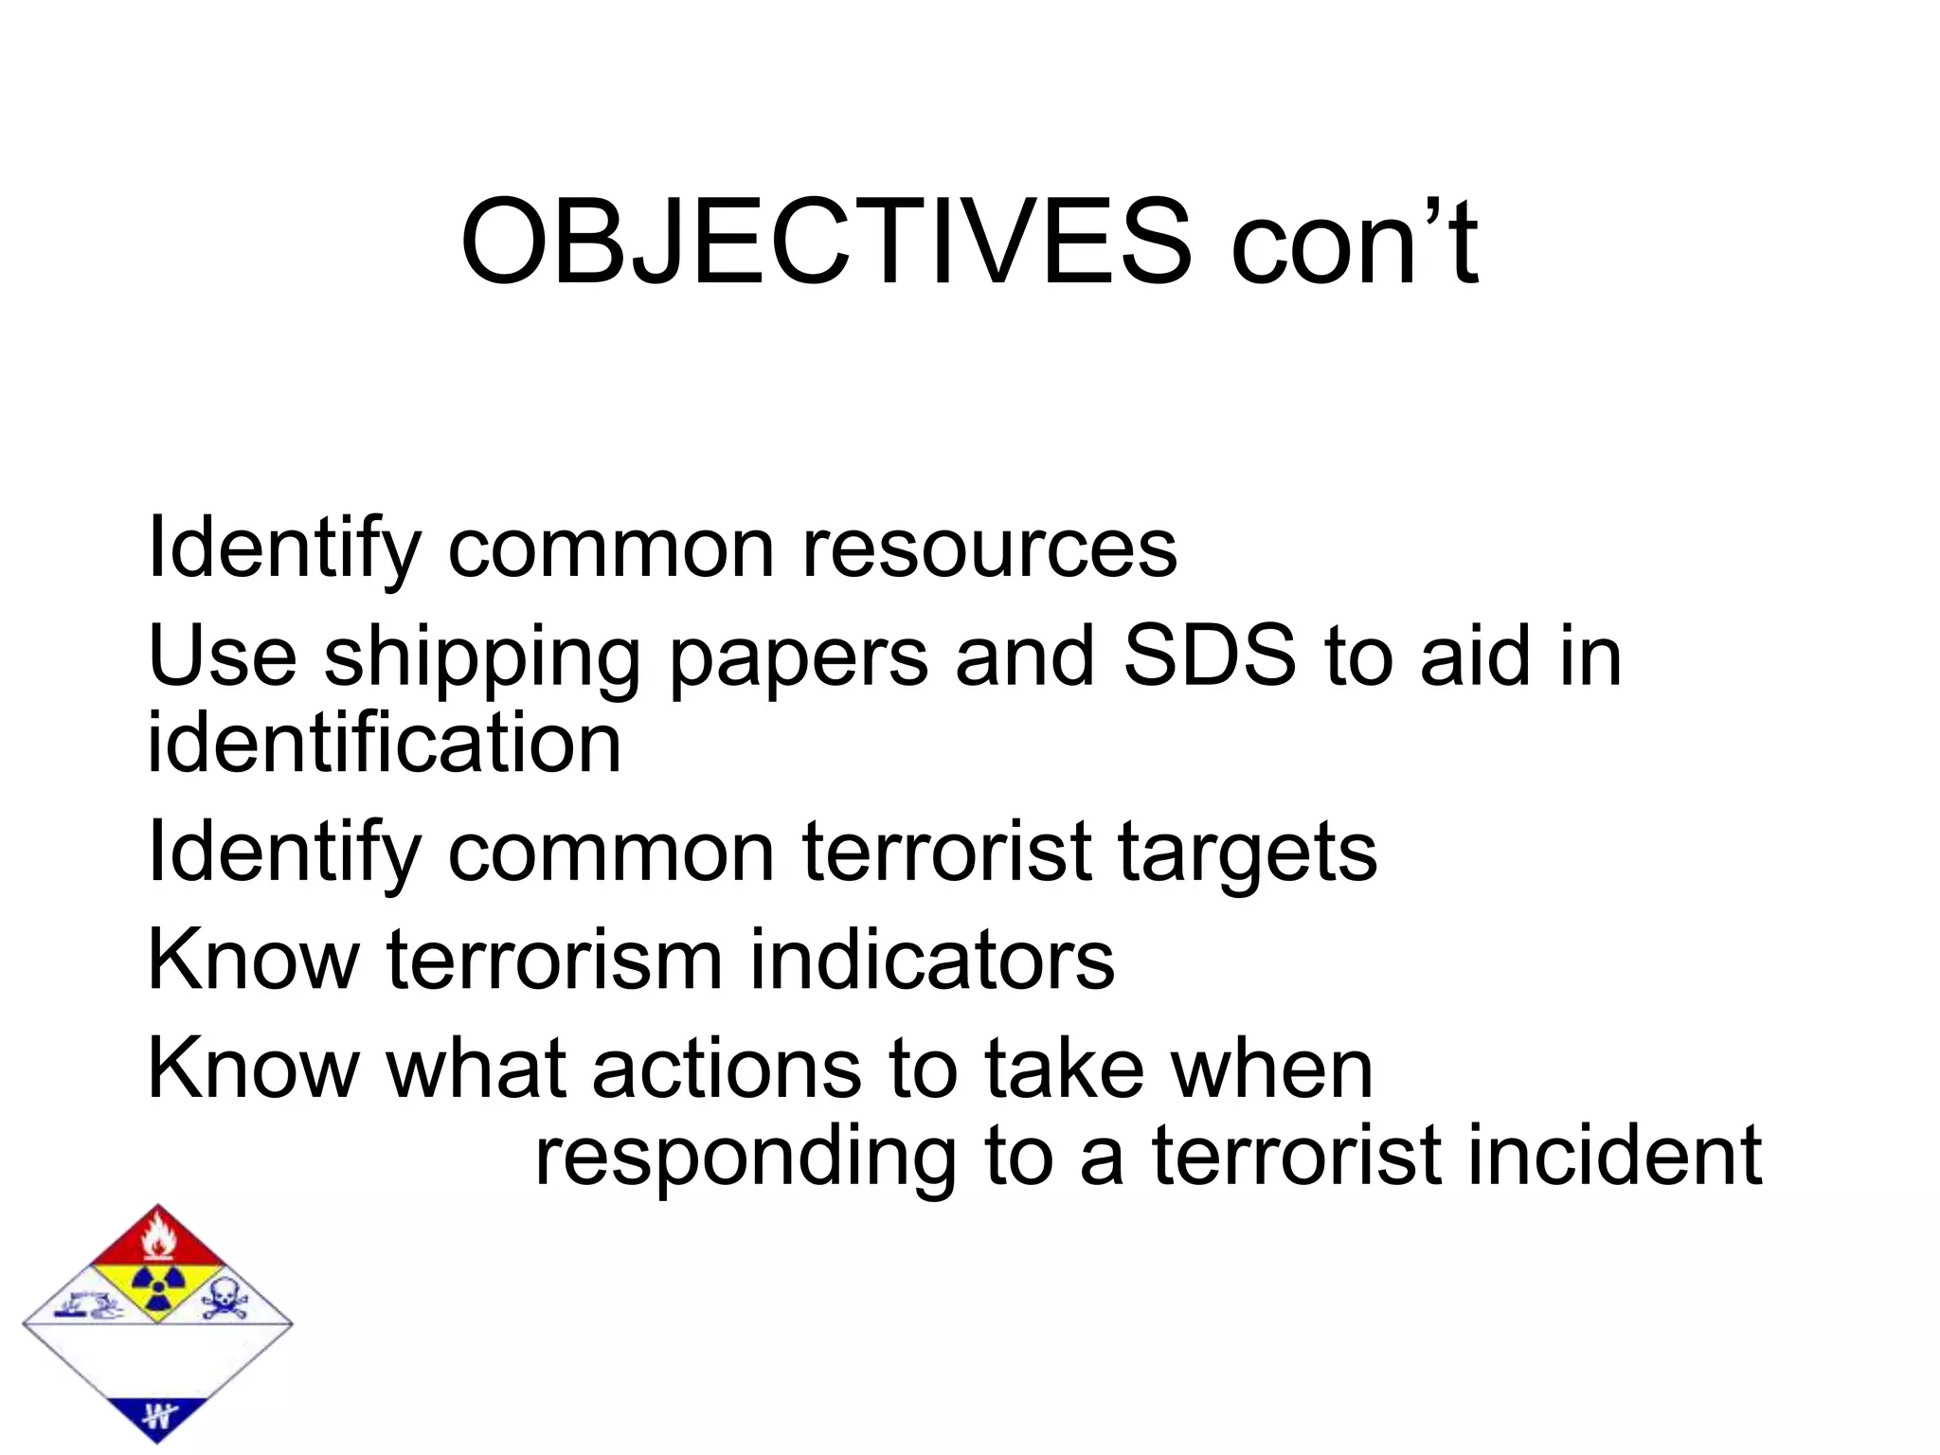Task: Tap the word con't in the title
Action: click(x=1355, y=242)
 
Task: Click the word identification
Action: click(x=385, y=743)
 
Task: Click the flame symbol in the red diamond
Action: click(x=158, y=1237)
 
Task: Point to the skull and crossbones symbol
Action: click(x=225, y=1300)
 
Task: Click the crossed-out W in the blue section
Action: click(x=158, y=1417)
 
